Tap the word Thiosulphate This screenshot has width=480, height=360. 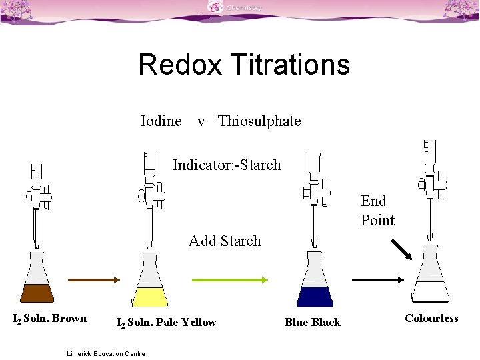pos(259,121)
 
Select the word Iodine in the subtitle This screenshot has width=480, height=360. pos(161,121)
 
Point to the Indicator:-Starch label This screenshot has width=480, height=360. pos(227,165)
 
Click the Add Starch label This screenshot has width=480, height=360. pos(225,241)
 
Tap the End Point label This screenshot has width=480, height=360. pos(377,210)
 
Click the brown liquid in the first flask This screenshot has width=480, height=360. pos(37,293)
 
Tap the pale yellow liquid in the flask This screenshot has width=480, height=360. pos(150,297)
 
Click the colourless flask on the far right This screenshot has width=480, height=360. pos(431,277)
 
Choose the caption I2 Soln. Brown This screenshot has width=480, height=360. pos(50,319)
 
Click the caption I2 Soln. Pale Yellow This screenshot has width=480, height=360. pos(166,323)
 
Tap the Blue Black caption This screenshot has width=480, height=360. pos(312,323)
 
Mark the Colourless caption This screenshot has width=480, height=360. pos(431,319)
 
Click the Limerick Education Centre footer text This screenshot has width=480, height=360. pos(106,353)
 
